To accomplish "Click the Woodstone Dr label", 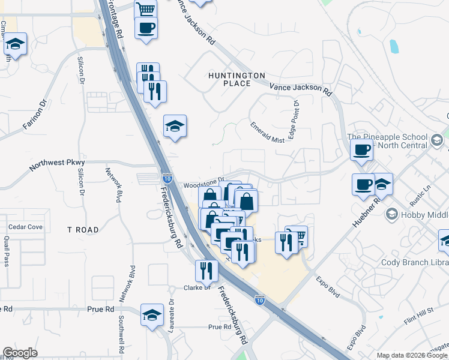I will click(203, 178).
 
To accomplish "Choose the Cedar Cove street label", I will click(25, 227).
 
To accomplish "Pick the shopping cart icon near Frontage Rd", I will click(146, 9).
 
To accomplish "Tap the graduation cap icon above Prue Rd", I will click(152, 314).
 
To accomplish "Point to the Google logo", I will click(20, 353).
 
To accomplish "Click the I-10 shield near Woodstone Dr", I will click(167, 178).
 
